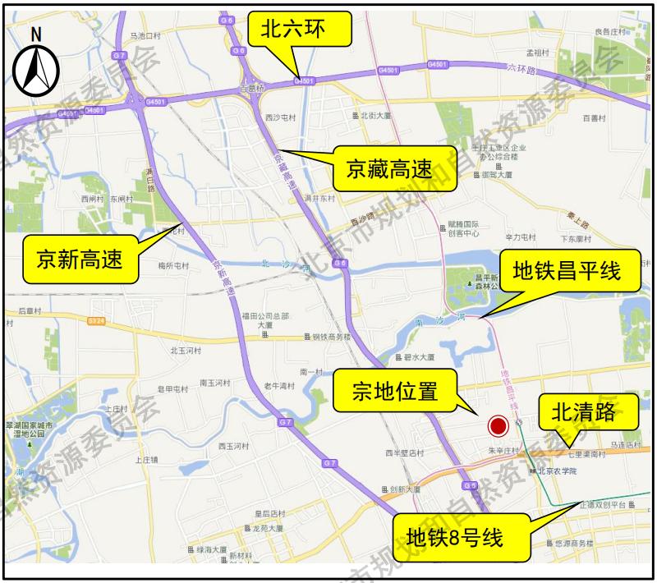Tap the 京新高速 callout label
79,259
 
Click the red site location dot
498,426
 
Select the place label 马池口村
145,36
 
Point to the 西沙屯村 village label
280,118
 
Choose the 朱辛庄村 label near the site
504,450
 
